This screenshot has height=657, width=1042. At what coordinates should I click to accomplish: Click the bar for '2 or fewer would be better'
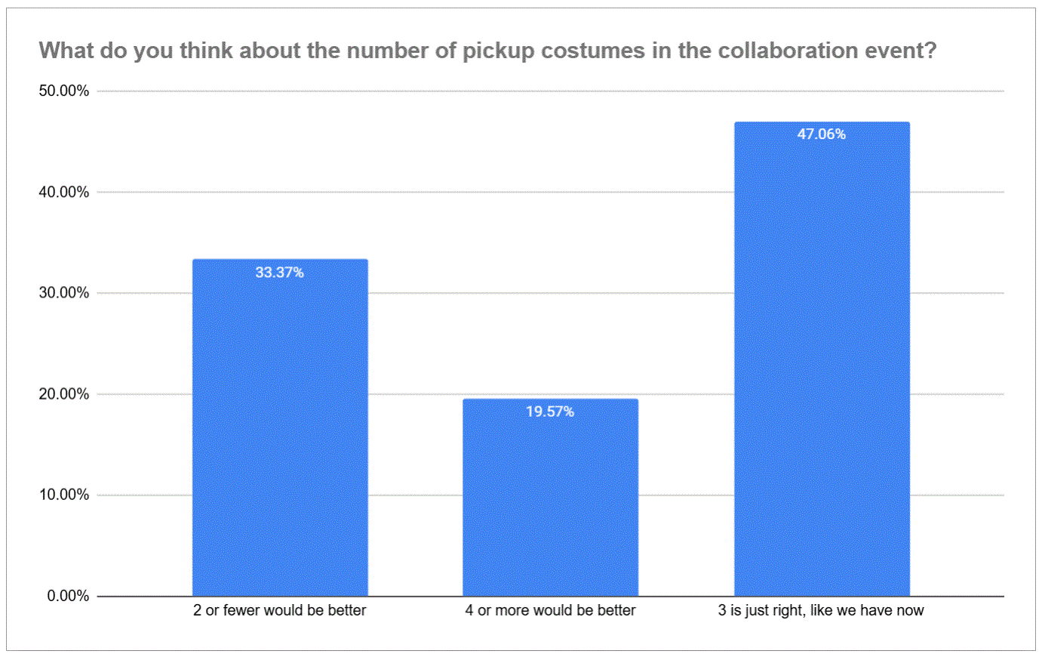point(280,427)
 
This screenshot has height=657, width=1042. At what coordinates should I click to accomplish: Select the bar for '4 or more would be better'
point(550,498)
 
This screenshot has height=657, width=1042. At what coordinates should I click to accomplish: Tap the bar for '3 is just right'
point(822,359)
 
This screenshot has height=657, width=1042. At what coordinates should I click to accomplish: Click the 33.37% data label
point(280,273)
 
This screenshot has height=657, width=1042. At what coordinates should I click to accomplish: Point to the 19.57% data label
point(550,412)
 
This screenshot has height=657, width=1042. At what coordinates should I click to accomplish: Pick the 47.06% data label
point(822,134)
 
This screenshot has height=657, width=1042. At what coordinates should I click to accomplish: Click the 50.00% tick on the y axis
point(63,91)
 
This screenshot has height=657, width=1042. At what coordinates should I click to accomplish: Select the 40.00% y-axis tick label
point(63,192)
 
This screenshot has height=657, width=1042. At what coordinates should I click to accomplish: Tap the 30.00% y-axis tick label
point(63,292)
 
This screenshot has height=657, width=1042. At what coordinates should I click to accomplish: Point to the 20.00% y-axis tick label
point(63,394)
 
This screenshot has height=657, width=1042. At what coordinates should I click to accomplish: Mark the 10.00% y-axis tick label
point(63,495)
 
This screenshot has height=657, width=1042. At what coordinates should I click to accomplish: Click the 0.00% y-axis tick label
point(68,596)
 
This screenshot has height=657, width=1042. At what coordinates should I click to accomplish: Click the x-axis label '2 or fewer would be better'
point(280,610)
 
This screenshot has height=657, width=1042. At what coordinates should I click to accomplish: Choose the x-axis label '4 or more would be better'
point(550,610)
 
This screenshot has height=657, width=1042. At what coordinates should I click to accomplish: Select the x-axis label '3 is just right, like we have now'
point(821,610)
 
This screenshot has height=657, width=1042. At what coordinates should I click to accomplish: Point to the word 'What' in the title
point(66,51)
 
